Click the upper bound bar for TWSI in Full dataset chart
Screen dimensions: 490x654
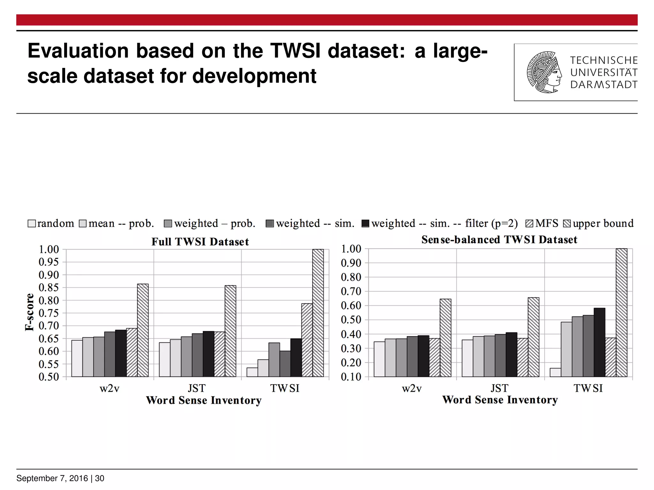point(318,313)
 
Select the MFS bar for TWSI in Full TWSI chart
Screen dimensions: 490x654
point(307,340)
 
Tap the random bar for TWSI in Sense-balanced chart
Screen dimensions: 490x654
point(555,372)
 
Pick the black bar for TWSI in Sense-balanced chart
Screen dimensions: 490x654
point(599,342)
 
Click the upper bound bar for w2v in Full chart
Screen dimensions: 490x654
point(143,330)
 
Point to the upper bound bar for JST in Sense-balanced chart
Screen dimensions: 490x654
point(533,337)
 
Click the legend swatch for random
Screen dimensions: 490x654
point(32,223)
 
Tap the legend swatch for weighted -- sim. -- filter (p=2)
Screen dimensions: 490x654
point(365,223)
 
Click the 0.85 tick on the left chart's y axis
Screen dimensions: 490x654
point(49,287)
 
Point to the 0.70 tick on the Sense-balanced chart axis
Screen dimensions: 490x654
point(351,291)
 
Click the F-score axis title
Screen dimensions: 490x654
point(29,312)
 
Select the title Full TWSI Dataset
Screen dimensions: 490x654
point(200,242)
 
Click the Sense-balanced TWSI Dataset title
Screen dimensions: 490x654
point(499,240)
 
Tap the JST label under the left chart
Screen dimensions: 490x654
point(196,388)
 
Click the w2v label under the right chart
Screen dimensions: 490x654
point(412,388)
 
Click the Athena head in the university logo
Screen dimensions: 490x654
point(544,72)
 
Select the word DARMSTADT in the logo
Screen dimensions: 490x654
point(604,85)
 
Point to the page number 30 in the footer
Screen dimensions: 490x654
point(100,478)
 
